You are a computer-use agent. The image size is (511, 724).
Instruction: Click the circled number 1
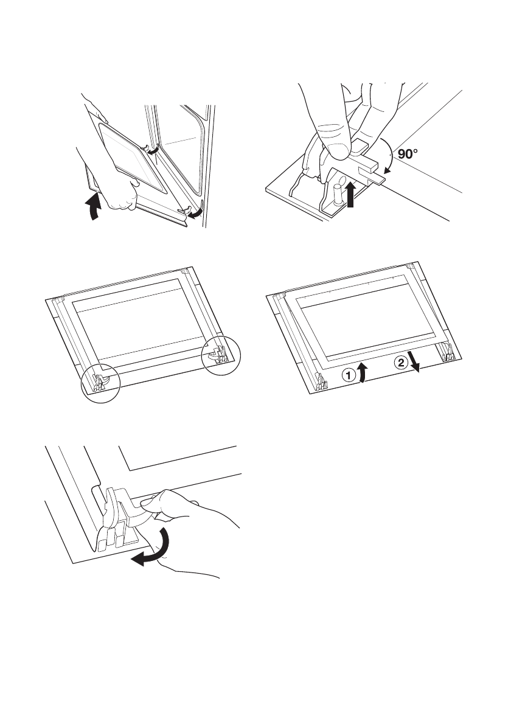[x=347, y=377]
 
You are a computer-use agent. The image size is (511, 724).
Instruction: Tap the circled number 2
[x=400, y=363]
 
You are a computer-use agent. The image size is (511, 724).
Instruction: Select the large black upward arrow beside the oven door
[x=92, y=206]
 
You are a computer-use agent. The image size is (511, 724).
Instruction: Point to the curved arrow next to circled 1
[x=362, y=372]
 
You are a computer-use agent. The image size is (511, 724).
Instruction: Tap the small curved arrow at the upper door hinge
[x=156, y=150]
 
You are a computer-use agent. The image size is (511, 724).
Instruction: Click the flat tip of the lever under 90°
[x=377, y=178]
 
